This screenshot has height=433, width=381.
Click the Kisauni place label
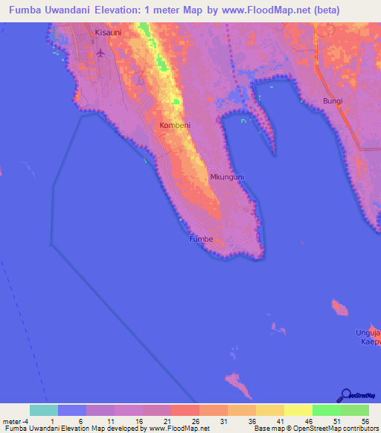(x=109, y=33)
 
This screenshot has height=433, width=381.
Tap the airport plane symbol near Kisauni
(x=101, y=54)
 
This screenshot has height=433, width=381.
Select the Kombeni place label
(x=174, y=126)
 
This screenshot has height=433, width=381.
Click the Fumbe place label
(x=201, y=240)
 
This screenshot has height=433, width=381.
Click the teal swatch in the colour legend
(x=44, y=410)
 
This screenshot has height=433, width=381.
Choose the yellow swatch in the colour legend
(x=298, y=410)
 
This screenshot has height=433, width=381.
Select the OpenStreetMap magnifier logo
(x=346, y=396)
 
